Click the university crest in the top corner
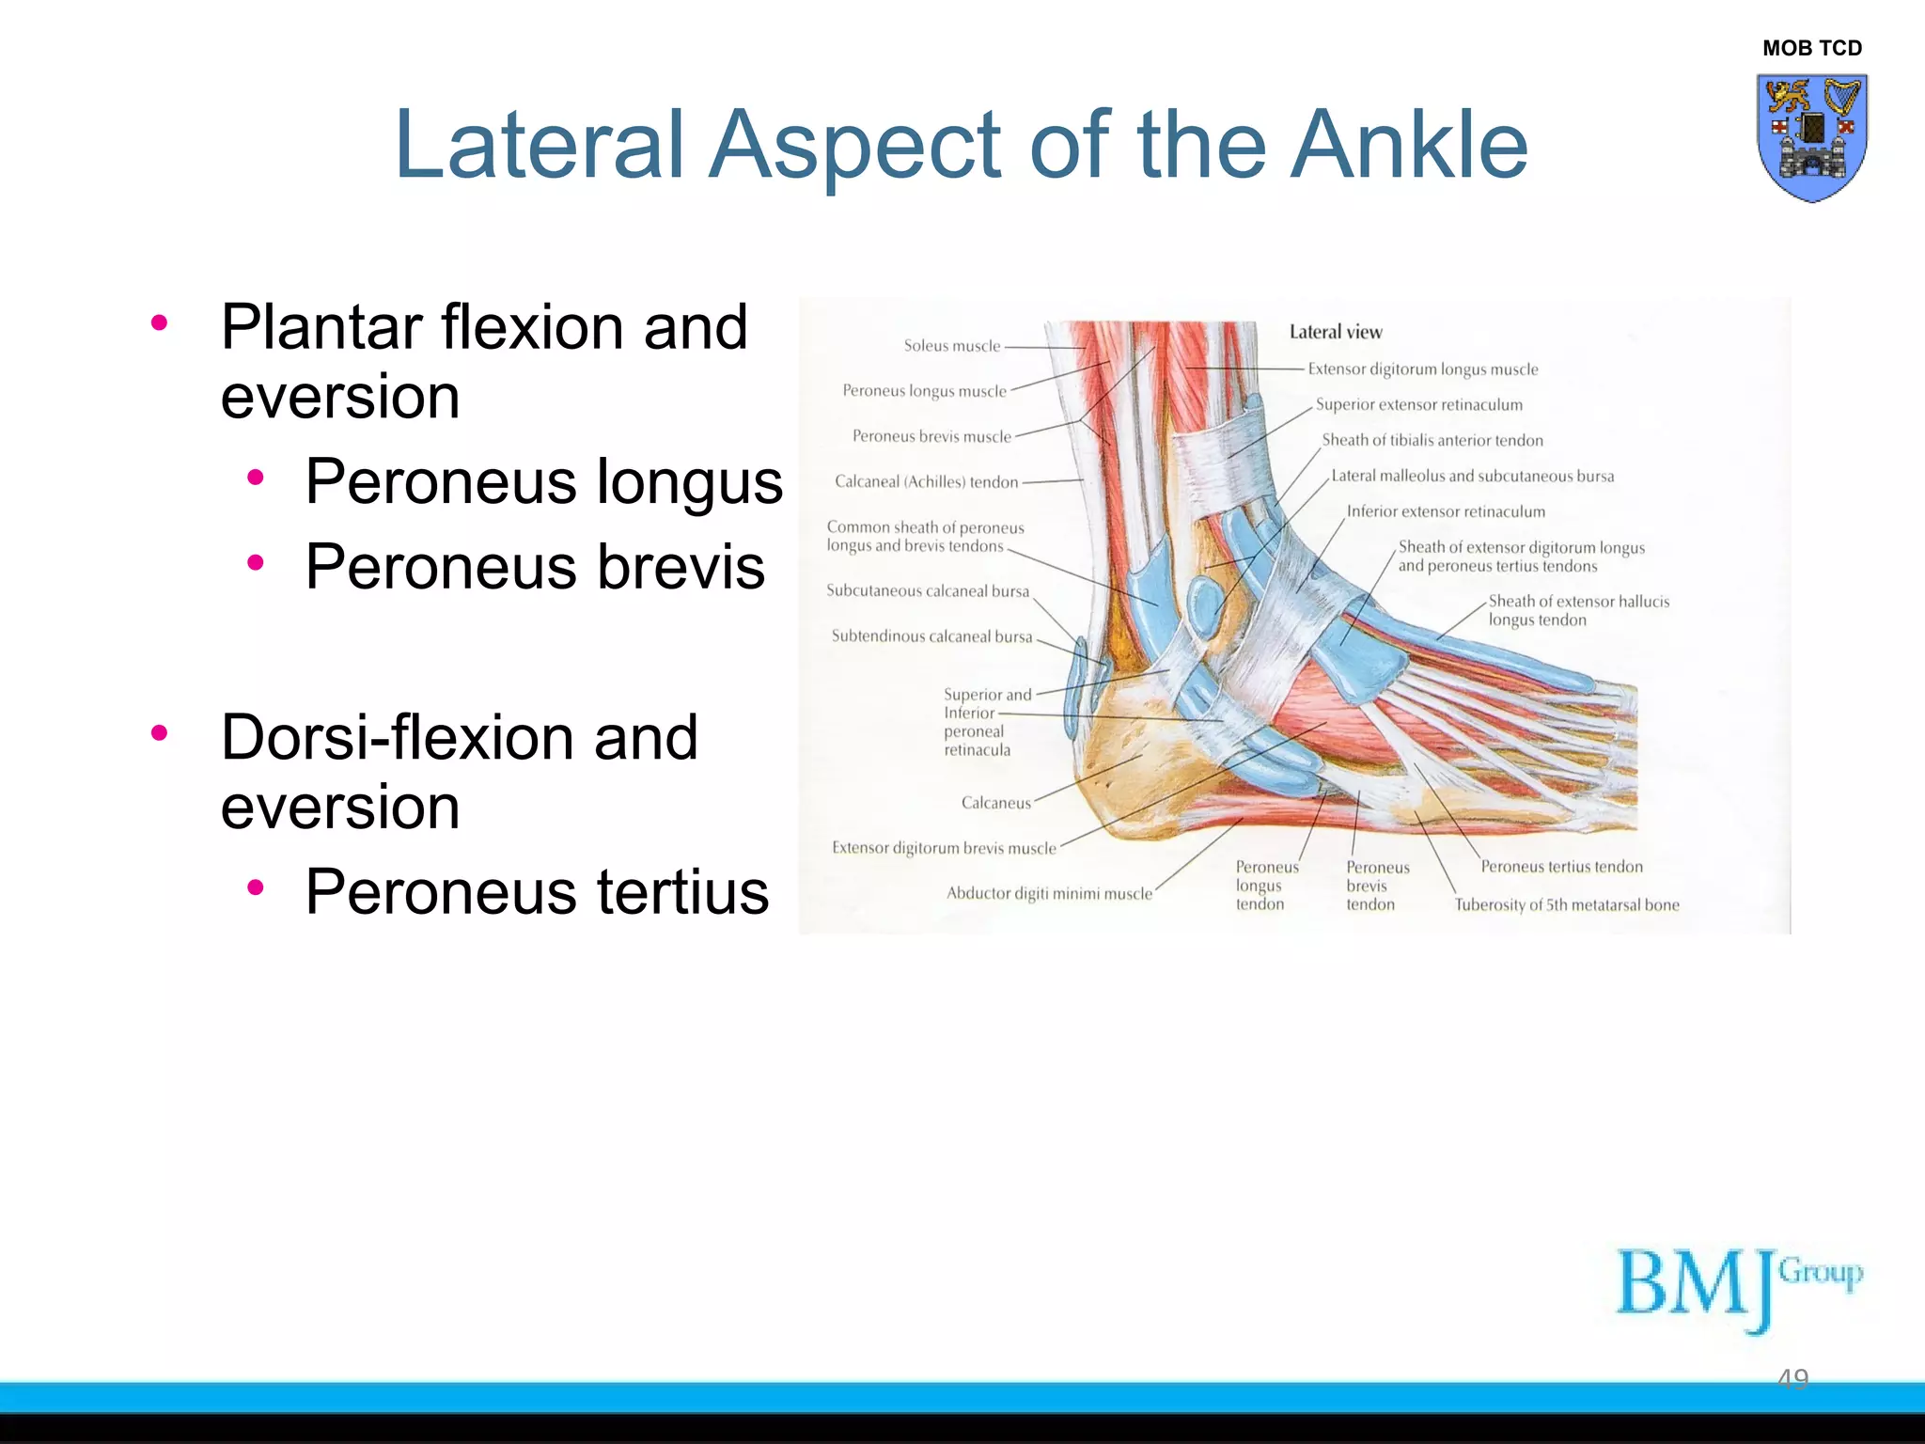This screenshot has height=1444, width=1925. (1811, 137)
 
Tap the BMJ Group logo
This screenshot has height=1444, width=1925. (1738, 1286)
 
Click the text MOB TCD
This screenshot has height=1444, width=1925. (1811, 48)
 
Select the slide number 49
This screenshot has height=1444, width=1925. (1792, 1378)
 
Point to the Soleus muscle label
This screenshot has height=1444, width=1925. (951, 346)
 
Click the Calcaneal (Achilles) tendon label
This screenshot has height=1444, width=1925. (926, 482)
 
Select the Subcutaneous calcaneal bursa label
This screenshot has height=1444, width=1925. (927, 591)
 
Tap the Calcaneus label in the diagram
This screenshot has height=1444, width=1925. (995, 803)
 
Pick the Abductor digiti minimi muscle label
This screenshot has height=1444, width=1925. (1048, 893)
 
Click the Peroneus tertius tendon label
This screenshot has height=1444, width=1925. (1561, 867)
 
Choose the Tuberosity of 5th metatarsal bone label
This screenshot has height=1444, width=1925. (1566, 905)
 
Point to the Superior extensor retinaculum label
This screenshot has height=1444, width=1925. (1418, 405)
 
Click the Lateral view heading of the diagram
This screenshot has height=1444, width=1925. (1335, 332)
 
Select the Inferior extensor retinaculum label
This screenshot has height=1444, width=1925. (1445, 511)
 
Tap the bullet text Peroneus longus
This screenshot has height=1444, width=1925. (543, 481)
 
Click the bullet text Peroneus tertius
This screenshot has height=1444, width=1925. (537, 891)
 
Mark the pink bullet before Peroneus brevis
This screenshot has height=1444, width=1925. (255, 563)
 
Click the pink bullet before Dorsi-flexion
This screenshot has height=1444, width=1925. (159, 732)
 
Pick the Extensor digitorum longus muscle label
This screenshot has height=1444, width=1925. (1422, 369)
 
